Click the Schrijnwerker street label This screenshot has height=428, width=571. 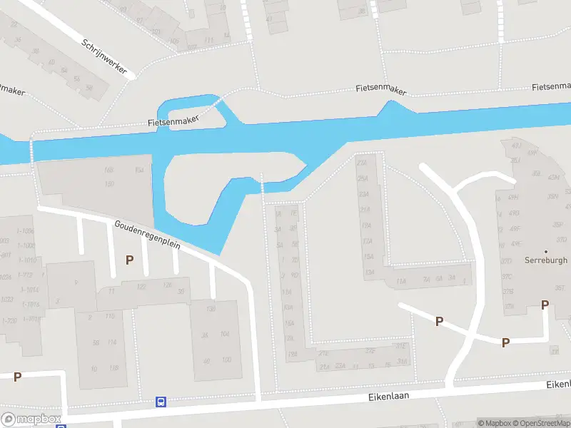tap(104, 56)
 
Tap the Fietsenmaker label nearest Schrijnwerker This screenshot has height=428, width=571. tap(173, 122)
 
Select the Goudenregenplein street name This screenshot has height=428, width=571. tap(148, 235)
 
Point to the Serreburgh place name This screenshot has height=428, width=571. tap(546, 260)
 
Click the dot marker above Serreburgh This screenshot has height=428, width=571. tap(546, 251)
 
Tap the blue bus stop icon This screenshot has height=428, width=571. tap(161, 402)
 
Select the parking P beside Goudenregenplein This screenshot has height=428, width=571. tap(129, 260)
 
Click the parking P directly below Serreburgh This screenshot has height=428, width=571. tap(545, 305)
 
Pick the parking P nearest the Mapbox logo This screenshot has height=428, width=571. tap(17, 377)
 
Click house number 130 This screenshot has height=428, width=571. tap(211, 309)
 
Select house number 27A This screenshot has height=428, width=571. tap(362, 162)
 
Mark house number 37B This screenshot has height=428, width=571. tap(508, 292)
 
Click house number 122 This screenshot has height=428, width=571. tap(141, 287)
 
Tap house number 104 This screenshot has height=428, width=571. tap(225, 334)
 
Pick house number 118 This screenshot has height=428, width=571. tap(113, 368)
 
